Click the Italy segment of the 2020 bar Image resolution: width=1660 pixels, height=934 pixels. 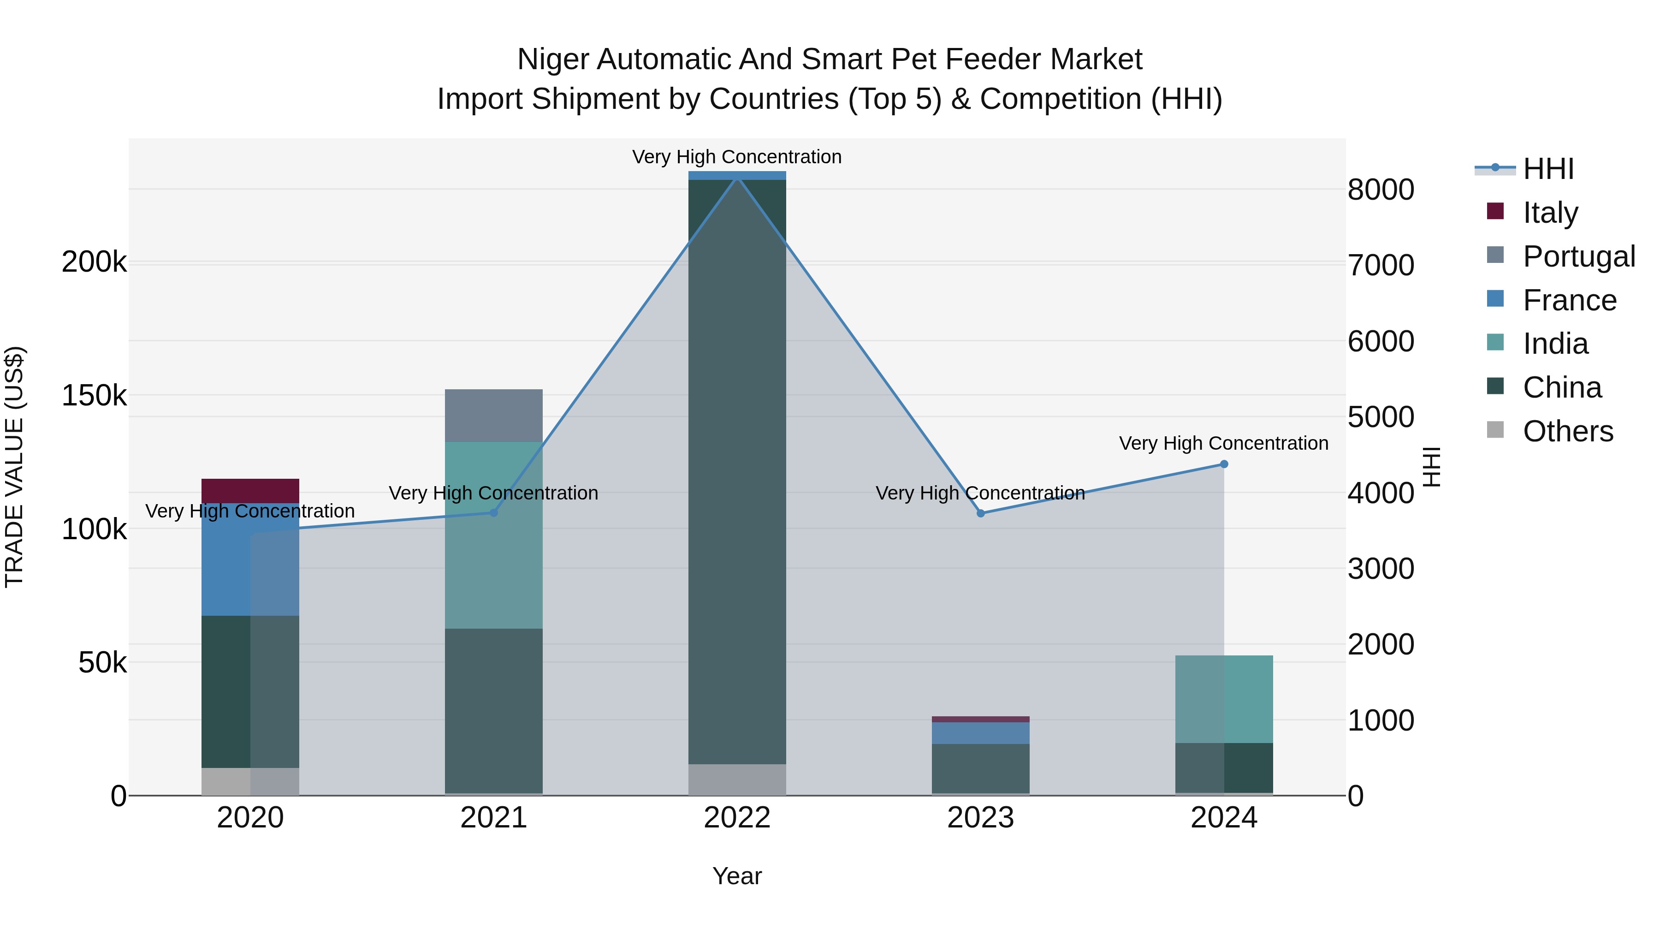point(250,491)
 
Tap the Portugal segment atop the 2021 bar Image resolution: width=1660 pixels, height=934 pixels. point(493,415)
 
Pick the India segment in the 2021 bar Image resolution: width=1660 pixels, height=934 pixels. point(493,535)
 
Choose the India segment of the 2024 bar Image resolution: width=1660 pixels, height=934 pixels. point(1224,699)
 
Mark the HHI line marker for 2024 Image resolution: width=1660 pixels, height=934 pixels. point(1224,464)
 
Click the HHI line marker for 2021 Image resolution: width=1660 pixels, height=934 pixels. point(493,512)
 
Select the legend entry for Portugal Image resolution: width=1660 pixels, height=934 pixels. point(1578,256)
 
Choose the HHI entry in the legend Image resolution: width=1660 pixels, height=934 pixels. point(1548,169)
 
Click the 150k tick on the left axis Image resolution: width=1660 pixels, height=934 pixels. point(94,396)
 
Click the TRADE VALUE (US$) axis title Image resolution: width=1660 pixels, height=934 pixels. point(14,467)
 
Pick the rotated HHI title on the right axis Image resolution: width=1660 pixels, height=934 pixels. point(1430,467)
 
